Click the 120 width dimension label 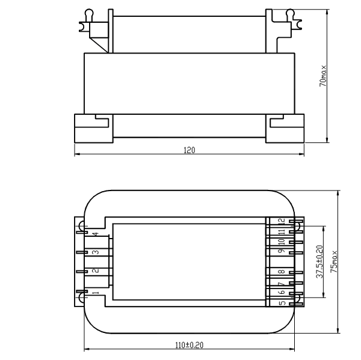(190, 150)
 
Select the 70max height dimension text (322, 76)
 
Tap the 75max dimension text (334, 261)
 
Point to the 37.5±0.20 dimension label (319, 261)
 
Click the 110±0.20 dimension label (190, 345)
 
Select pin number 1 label (96, 293)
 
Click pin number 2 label (96, 270)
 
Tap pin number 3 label (96, 252)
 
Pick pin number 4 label (96, 234)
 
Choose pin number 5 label (282, 303)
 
